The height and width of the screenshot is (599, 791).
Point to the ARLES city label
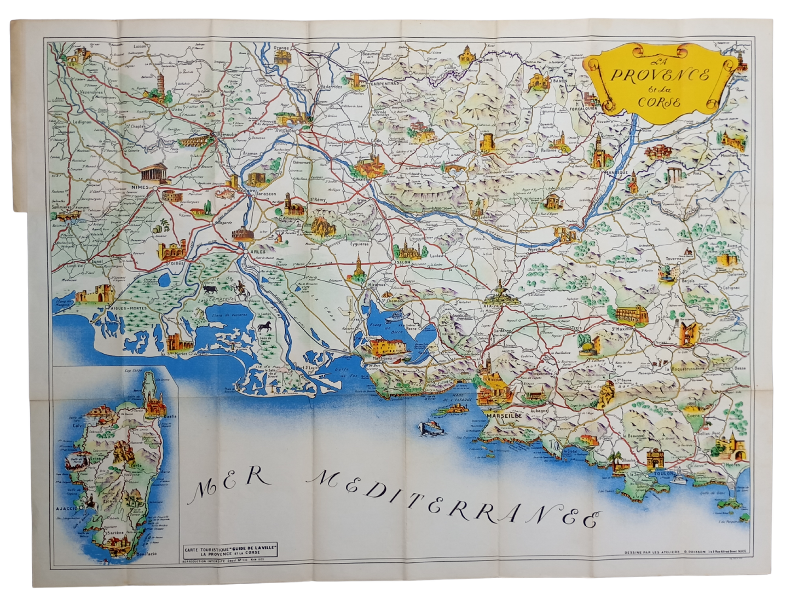pyautogui.click(x=257, y=251)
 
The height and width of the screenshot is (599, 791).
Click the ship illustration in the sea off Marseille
pyautogui.click(x=431, y=428)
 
